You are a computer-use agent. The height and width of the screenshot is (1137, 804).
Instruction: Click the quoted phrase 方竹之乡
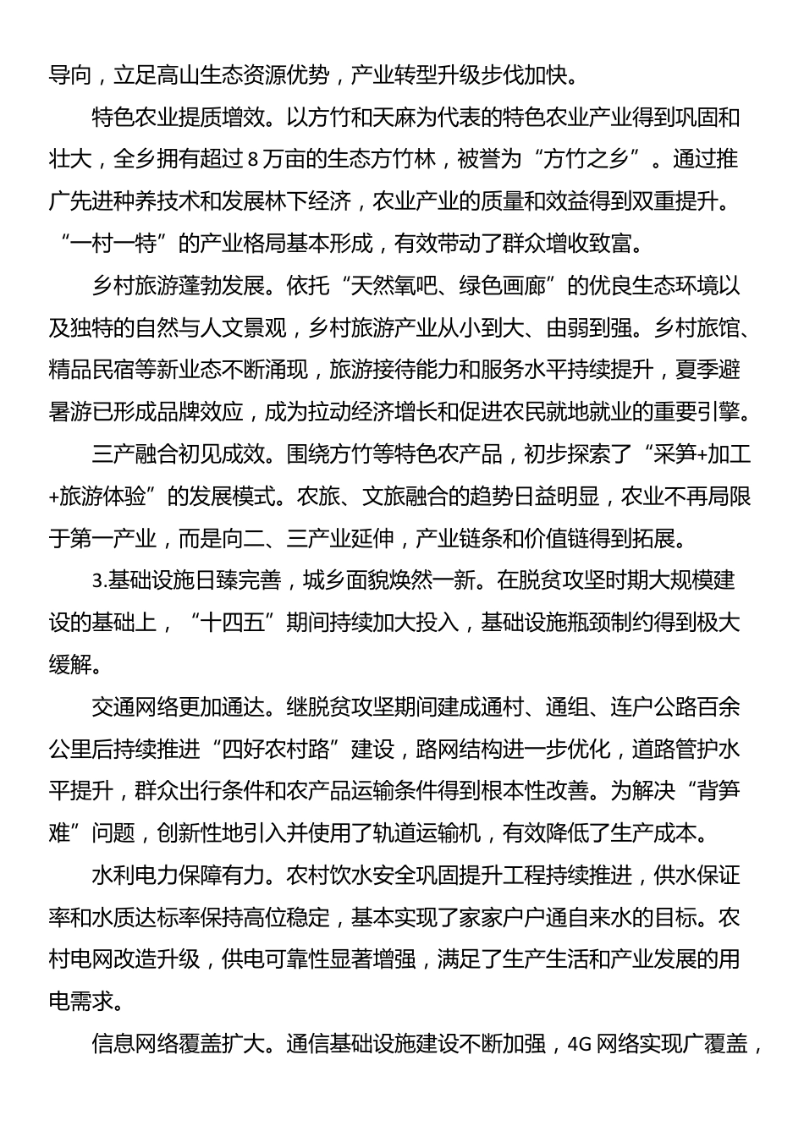(597, 159)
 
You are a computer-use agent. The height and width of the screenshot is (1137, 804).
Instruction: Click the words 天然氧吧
(393, 286)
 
